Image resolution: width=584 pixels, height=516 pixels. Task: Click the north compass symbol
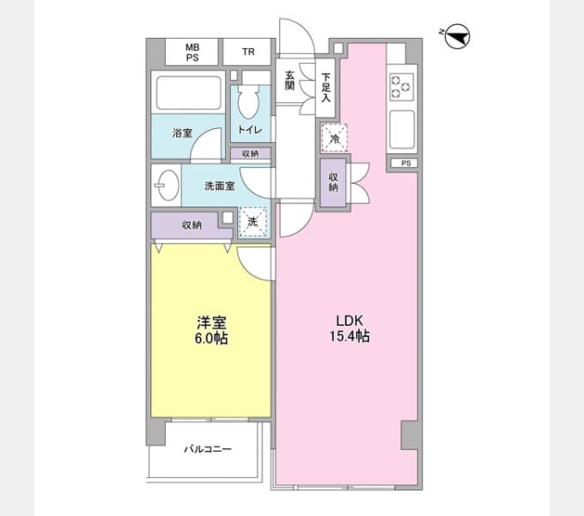point(458,36)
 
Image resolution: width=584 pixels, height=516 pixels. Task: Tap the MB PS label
point(192,52)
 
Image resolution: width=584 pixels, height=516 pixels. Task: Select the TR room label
point(248,52)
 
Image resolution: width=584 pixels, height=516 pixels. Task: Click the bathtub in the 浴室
point(189,93)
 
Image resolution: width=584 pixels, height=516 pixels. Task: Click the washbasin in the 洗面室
point(167,185)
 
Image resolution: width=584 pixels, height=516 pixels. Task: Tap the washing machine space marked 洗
point(252,222)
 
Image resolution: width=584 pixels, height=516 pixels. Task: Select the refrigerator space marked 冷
point(334,138)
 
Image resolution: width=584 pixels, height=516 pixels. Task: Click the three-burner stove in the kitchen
point(401,87)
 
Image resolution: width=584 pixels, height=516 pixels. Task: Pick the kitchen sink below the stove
point(402,129)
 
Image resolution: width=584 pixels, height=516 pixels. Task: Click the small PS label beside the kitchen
point(406,163)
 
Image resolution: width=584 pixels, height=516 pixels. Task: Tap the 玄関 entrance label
point(289,81)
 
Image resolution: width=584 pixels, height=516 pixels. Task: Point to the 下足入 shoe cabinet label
point(326,88)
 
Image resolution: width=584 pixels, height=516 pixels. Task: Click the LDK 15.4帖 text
point(350,329)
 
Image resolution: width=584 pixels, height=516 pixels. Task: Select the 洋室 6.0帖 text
point(211,330)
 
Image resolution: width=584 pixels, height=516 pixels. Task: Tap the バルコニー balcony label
point(208,449)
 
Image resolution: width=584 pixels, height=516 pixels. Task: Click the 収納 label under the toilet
point(250,154)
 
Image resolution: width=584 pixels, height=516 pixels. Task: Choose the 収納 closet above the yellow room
point(192,225)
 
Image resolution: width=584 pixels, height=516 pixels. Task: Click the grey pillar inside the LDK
point(410,435)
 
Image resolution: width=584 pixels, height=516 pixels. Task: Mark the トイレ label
point(250,130)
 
